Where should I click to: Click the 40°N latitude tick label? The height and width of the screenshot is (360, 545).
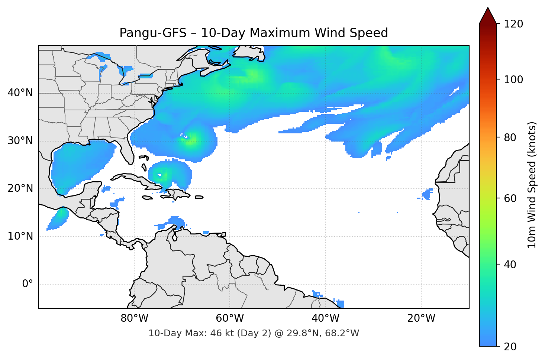coord(20,93)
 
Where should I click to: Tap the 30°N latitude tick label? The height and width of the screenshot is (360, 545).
coord(20,141)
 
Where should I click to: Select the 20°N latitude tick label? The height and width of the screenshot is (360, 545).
coord(20,188)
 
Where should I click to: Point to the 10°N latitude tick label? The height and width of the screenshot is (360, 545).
coord(20,236)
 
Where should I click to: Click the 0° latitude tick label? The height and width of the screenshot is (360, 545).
coord(28,284)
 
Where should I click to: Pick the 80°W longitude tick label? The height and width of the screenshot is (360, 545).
coord(135,318)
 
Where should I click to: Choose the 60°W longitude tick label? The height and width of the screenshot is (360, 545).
coord(230,318)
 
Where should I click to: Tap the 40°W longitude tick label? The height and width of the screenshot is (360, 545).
coord(326,318)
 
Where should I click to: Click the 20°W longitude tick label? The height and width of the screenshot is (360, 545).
coord(421,318)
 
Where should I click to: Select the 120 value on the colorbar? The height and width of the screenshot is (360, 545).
coord(513,24)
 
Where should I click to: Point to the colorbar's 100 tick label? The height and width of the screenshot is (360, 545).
coord(513,80)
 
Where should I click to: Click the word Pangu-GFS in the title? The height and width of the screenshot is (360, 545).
coord(153,33)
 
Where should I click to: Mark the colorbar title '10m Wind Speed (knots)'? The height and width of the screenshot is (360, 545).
coord(532,185)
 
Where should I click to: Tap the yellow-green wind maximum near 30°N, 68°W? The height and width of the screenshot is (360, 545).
coord(191,141)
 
